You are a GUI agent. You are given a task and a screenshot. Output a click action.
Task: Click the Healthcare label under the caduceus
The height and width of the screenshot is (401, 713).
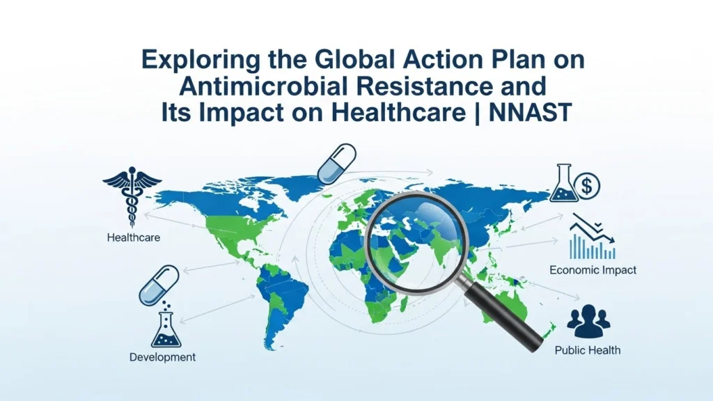[133, 237]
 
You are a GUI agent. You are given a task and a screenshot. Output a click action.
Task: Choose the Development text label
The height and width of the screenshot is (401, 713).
[163, 357]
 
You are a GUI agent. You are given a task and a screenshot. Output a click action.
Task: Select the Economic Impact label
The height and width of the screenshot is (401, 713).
[593, 270]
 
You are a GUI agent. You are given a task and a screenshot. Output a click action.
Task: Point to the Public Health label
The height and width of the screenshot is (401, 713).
[588, 350]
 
